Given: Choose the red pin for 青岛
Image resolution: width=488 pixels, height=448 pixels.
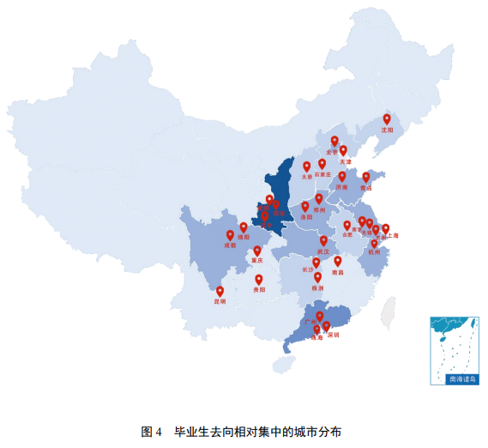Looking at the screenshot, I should click(x=366, y=177).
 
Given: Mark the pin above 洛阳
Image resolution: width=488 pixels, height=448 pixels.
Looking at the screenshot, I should click(x=305, y=206).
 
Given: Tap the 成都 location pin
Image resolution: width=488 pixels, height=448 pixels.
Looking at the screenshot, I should click(x=230, y=234).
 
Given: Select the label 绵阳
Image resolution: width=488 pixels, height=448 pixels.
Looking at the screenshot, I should click(x=244, y=237).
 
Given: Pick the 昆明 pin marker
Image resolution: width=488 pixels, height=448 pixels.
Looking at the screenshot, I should click(x=220, y=291).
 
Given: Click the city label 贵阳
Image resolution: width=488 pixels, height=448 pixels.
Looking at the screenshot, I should click(x=259, y=290).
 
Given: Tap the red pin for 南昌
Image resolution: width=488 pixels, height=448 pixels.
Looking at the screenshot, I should click(x=338, y=260).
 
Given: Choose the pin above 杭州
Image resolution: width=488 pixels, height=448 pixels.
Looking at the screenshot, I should click(x=374, y=243).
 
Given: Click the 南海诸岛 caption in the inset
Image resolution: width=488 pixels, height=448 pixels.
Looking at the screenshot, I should click(x=455, y=378).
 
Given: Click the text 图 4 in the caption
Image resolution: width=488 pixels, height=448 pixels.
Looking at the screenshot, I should click(x=151, y=431).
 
